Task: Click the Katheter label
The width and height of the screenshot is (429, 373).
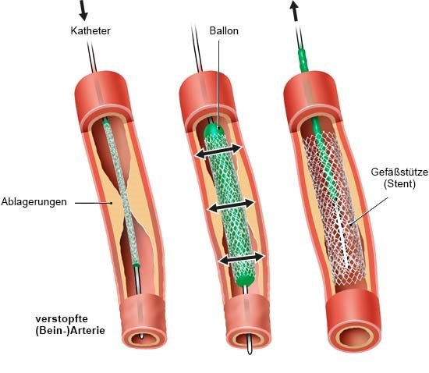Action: pos(90,30)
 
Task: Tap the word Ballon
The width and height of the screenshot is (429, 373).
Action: pos(224,30)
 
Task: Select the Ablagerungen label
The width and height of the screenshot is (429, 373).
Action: pos(34,202)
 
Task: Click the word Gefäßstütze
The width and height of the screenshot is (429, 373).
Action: pos(399,172)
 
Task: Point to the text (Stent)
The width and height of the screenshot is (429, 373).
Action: pos(399,184)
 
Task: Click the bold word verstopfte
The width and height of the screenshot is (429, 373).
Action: pos(62,319)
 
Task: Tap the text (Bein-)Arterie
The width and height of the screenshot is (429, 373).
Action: pos(70,331)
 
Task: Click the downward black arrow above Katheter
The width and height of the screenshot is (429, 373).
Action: pos(83,10)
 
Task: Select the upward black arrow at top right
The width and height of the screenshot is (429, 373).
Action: pos(294,10)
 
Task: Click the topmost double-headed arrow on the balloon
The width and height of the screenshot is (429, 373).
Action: pos(218,151)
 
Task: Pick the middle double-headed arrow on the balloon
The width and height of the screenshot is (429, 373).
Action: pos(231,205)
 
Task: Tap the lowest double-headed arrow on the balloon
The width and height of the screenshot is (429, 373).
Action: pos(242,258)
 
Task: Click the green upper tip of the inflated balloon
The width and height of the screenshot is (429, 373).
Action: pos(214,131)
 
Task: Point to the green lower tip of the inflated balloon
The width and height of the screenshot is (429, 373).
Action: pos(246,280)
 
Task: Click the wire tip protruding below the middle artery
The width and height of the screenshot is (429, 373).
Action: pos(250,346)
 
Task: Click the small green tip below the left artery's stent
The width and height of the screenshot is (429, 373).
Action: pos(136,265)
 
